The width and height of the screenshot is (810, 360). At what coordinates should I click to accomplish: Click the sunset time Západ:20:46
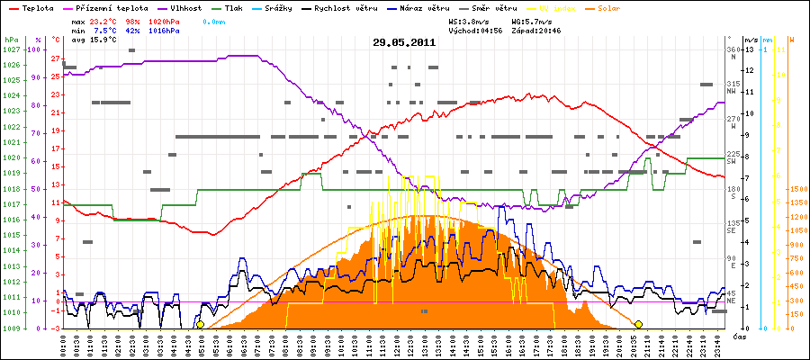pyautogui.click(x=536, y=31)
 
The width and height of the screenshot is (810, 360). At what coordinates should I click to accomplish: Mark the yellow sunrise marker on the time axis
pyautogui.click(x=201, y=324)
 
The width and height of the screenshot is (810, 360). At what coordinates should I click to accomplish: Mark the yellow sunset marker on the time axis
pyautogui.click(x=638, y=324)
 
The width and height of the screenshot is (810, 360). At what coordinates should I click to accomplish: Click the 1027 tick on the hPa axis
pyautogui.click(x=10, y=49)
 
